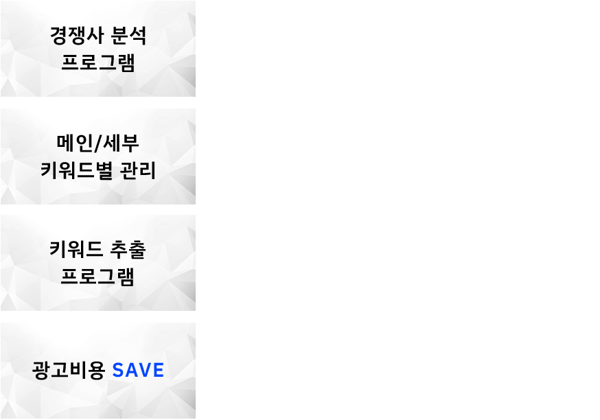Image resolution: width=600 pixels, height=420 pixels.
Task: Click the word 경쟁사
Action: tap(77, 36)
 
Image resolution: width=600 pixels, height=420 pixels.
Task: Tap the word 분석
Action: tap(128, 36)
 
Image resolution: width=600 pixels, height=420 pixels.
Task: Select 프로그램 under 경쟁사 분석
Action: tap(98, 62)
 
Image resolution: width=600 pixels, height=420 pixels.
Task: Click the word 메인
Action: tap(74, 143)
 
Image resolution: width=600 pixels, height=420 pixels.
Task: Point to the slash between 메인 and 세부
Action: tap(98, 143)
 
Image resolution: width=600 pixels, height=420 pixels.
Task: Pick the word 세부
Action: tap(122, 143)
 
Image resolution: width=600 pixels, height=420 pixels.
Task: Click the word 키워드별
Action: tap(76, 170)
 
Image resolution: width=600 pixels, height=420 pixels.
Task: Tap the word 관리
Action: tap(138, 170)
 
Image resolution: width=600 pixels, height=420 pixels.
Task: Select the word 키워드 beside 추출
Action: tap(76, 249)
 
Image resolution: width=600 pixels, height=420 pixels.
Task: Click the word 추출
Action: tap(128, 249)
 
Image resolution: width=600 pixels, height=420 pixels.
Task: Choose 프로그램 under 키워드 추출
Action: tap(98, 277)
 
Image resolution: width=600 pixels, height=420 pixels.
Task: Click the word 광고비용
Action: tap(69, 371)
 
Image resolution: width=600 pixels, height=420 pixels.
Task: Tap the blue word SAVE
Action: tap(138, 371)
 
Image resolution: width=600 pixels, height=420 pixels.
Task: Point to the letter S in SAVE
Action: tap(118, 371)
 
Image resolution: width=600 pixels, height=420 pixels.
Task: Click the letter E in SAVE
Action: tap(159, 371)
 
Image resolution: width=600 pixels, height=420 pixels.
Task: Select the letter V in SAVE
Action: tap(145, 371)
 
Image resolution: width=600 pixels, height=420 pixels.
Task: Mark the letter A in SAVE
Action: tap(131, 371)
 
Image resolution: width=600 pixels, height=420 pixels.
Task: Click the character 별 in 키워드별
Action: tap(104, 170)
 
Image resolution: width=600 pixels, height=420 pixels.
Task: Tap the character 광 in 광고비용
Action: tap(41, 371)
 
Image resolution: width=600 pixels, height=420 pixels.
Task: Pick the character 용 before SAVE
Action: tap(96, 371)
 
